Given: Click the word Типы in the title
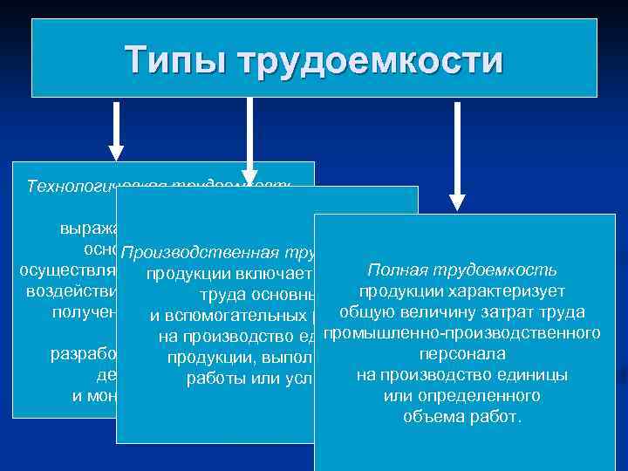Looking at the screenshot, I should point(175,61).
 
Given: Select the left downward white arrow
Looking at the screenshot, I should point(116,131).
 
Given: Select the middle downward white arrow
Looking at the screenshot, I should point(250,140).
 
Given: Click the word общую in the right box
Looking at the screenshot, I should point(364,311).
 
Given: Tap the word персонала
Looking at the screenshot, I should point(462,354).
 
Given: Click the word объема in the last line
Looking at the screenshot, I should point(431,417).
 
